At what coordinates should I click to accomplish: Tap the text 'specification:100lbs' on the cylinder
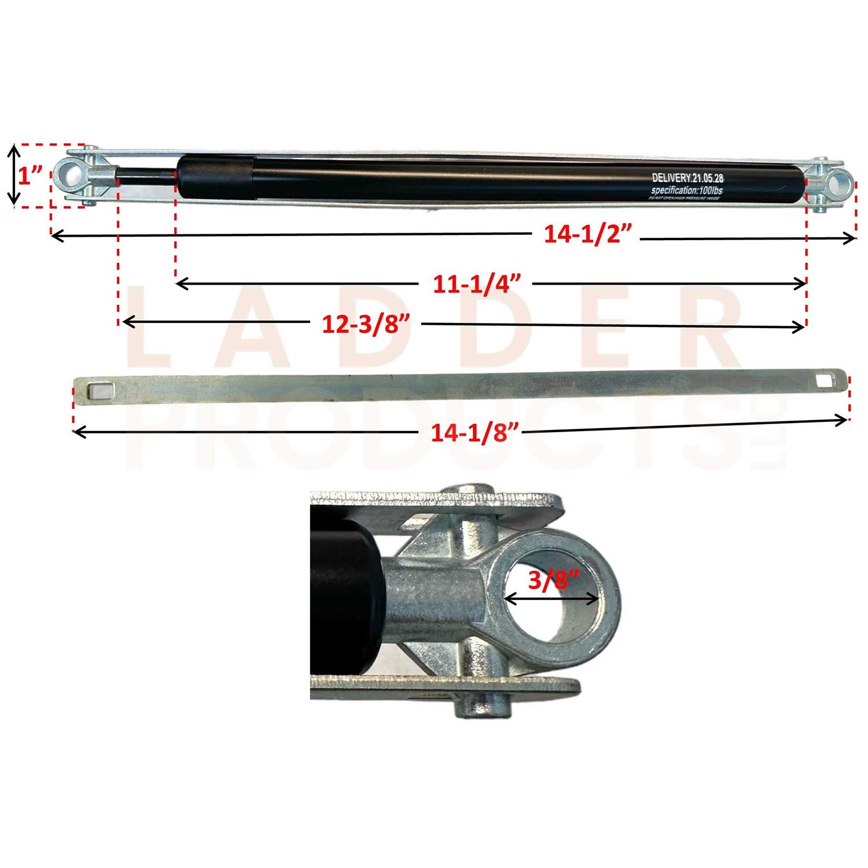coord(686,190)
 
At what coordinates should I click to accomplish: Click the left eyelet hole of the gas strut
coord(70,174)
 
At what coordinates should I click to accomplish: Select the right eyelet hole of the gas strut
coord(837,183)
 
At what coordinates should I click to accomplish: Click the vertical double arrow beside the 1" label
coord(14,175)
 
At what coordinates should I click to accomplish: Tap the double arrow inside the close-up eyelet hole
coord(550,599)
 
